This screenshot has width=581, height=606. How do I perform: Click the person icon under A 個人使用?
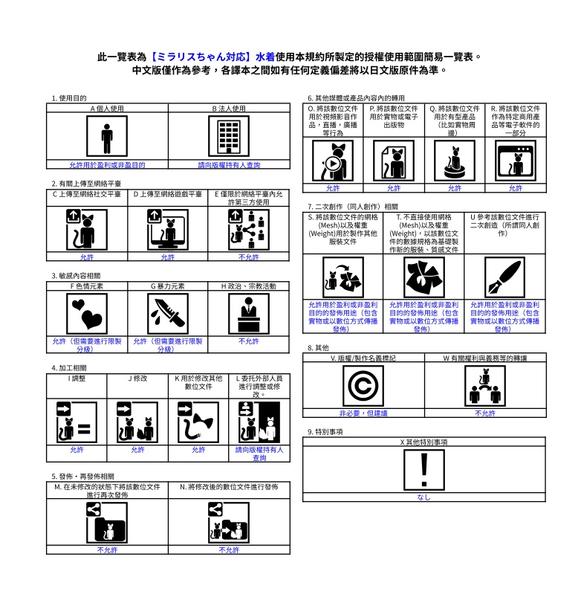[x=107, y=136]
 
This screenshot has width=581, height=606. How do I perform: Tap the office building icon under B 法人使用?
[x=229, y=136]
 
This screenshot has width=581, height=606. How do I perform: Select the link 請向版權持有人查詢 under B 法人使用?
[x=229, y=165]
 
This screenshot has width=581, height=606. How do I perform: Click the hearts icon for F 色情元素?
[x=87, y=314]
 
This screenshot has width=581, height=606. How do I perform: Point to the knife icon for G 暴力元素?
[x=168, y=314]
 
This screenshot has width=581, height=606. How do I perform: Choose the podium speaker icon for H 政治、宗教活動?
[x=249, y=314]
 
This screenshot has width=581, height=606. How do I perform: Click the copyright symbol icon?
[x=363, y=386]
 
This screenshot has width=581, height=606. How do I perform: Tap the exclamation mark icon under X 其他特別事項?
[x=424, y=470]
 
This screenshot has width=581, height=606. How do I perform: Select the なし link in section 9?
[x=424, y=497]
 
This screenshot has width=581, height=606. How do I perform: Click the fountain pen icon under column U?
[x=504, y=277]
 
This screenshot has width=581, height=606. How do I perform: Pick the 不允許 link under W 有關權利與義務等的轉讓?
[x=485, y=413]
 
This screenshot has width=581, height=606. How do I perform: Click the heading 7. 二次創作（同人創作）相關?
[x=352, y=207]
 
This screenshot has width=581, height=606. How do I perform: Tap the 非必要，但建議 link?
[x=363, y=413]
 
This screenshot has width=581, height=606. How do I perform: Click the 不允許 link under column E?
[x=249, y=257]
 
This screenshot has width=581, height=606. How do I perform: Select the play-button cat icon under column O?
[x=333, y=161]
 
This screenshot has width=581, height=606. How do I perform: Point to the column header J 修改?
[x=137, y=378]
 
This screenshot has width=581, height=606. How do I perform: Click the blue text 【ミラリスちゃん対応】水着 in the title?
[x=211, y=57]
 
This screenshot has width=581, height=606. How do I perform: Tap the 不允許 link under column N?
[x=229, y=550]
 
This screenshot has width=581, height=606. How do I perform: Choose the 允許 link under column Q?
[x=455, y=188]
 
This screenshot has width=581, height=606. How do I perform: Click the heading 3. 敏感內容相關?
[x=76, y=276]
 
